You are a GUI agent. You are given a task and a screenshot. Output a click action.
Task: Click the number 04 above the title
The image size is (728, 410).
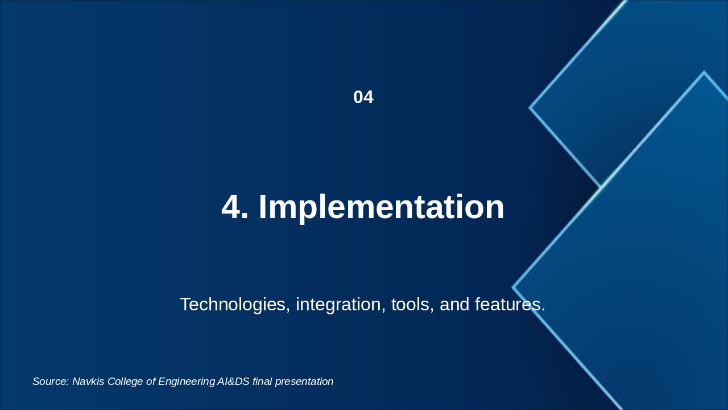[x=363, y=97]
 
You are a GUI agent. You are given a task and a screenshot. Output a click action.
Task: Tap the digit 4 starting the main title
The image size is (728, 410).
[x=231, y=207]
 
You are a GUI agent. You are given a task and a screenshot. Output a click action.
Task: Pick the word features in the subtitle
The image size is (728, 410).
[x=510, y=304]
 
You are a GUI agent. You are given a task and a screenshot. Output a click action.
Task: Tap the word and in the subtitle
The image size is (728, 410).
[x=454, y=304]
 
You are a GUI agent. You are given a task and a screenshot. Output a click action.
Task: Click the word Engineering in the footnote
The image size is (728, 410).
[x=187, y=382]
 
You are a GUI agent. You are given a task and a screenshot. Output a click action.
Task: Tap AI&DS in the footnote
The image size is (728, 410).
[x=233, y=382]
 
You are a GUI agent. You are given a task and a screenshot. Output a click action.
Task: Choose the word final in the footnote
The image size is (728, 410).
[x=262, y=382]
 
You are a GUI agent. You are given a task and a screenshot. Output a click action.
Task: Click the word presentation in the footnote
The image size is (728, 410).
[x=304, y=382]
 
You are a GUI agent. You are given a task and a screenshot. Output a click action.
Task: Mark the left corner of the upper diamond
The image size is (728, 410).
[x=530, y=108]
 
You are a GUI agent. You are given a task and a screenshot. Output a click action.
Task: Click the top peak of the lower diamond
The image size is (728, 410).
[x=704, y=72]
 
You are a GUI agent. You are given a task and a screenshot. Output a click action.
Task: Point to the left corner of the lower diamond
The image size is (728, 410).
[x=512, y=288]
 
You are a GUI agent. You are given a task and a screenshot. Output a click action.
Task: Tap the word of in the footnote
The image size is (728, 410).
[x=151, y=382]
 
